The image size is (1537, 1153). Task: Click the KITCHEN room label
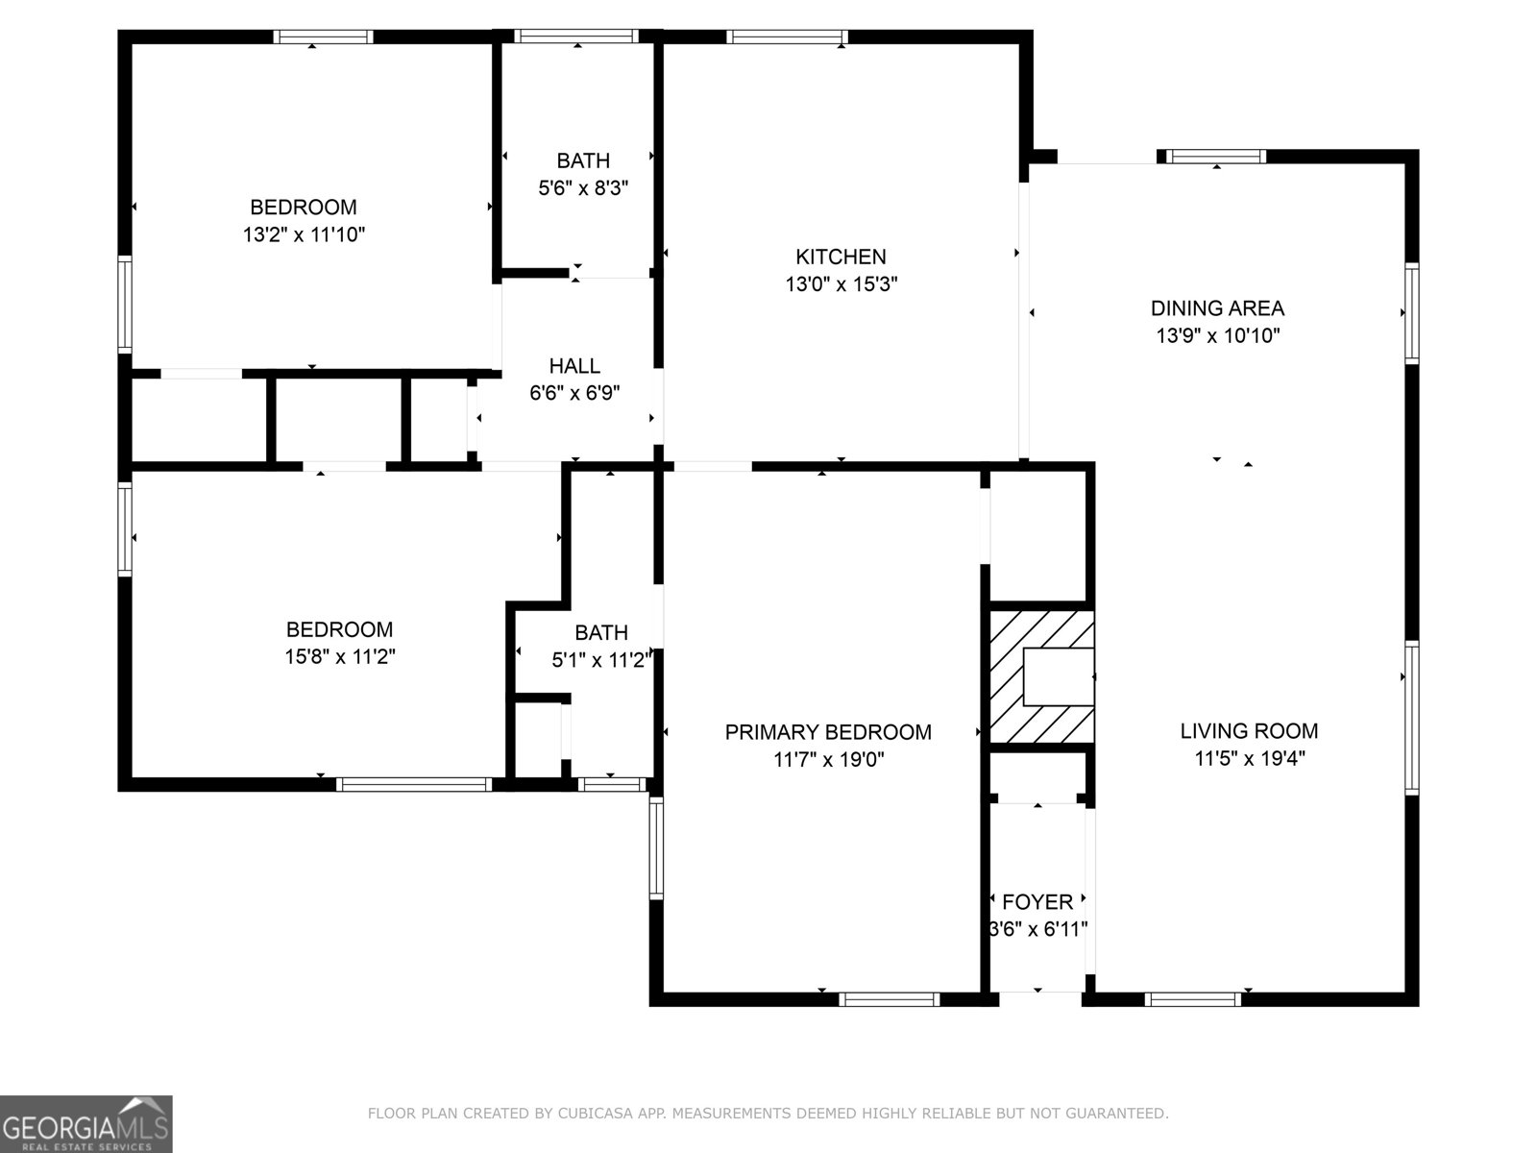click(841, 257)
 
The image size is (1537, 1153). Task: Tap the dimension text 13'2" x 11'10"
click(304, 234)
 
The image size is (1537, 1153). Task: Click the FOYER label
click(1037, 902)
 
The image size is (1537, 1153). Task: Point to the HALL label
click(574, 366)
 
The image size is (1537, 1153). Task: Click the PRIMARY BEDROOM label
click(828, 732)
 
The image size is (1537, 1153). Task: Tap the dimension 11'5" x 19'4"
click(1249, 758)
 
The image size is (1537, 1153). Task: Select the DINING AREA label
click(1217, 308)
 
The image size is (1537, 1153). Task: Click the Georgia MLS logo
click(86, 1123)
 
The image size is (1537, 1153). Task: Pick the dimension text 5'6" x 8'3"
click(583, 187)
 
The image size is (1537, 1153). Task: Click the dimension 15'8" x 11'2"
click(340, 657)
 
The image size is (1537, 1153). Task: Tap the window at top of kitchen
click(788, 37)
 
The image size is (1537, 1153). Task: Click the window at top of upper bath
click(576, 37)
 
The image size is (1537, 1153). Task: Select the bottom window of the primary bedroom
click(889, 999)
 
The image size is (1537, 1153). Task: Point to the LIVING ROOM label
click(1249, 731)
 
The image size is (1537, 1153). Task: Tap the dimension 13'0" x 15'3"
click(841, 284)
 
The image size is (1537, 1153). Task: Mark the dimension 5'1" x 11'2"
click(601, 660)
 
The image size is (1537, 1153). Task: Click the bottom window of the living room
click(1192, 999)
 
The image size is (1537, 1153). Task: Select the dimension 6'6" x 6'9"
click(574, 393)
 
